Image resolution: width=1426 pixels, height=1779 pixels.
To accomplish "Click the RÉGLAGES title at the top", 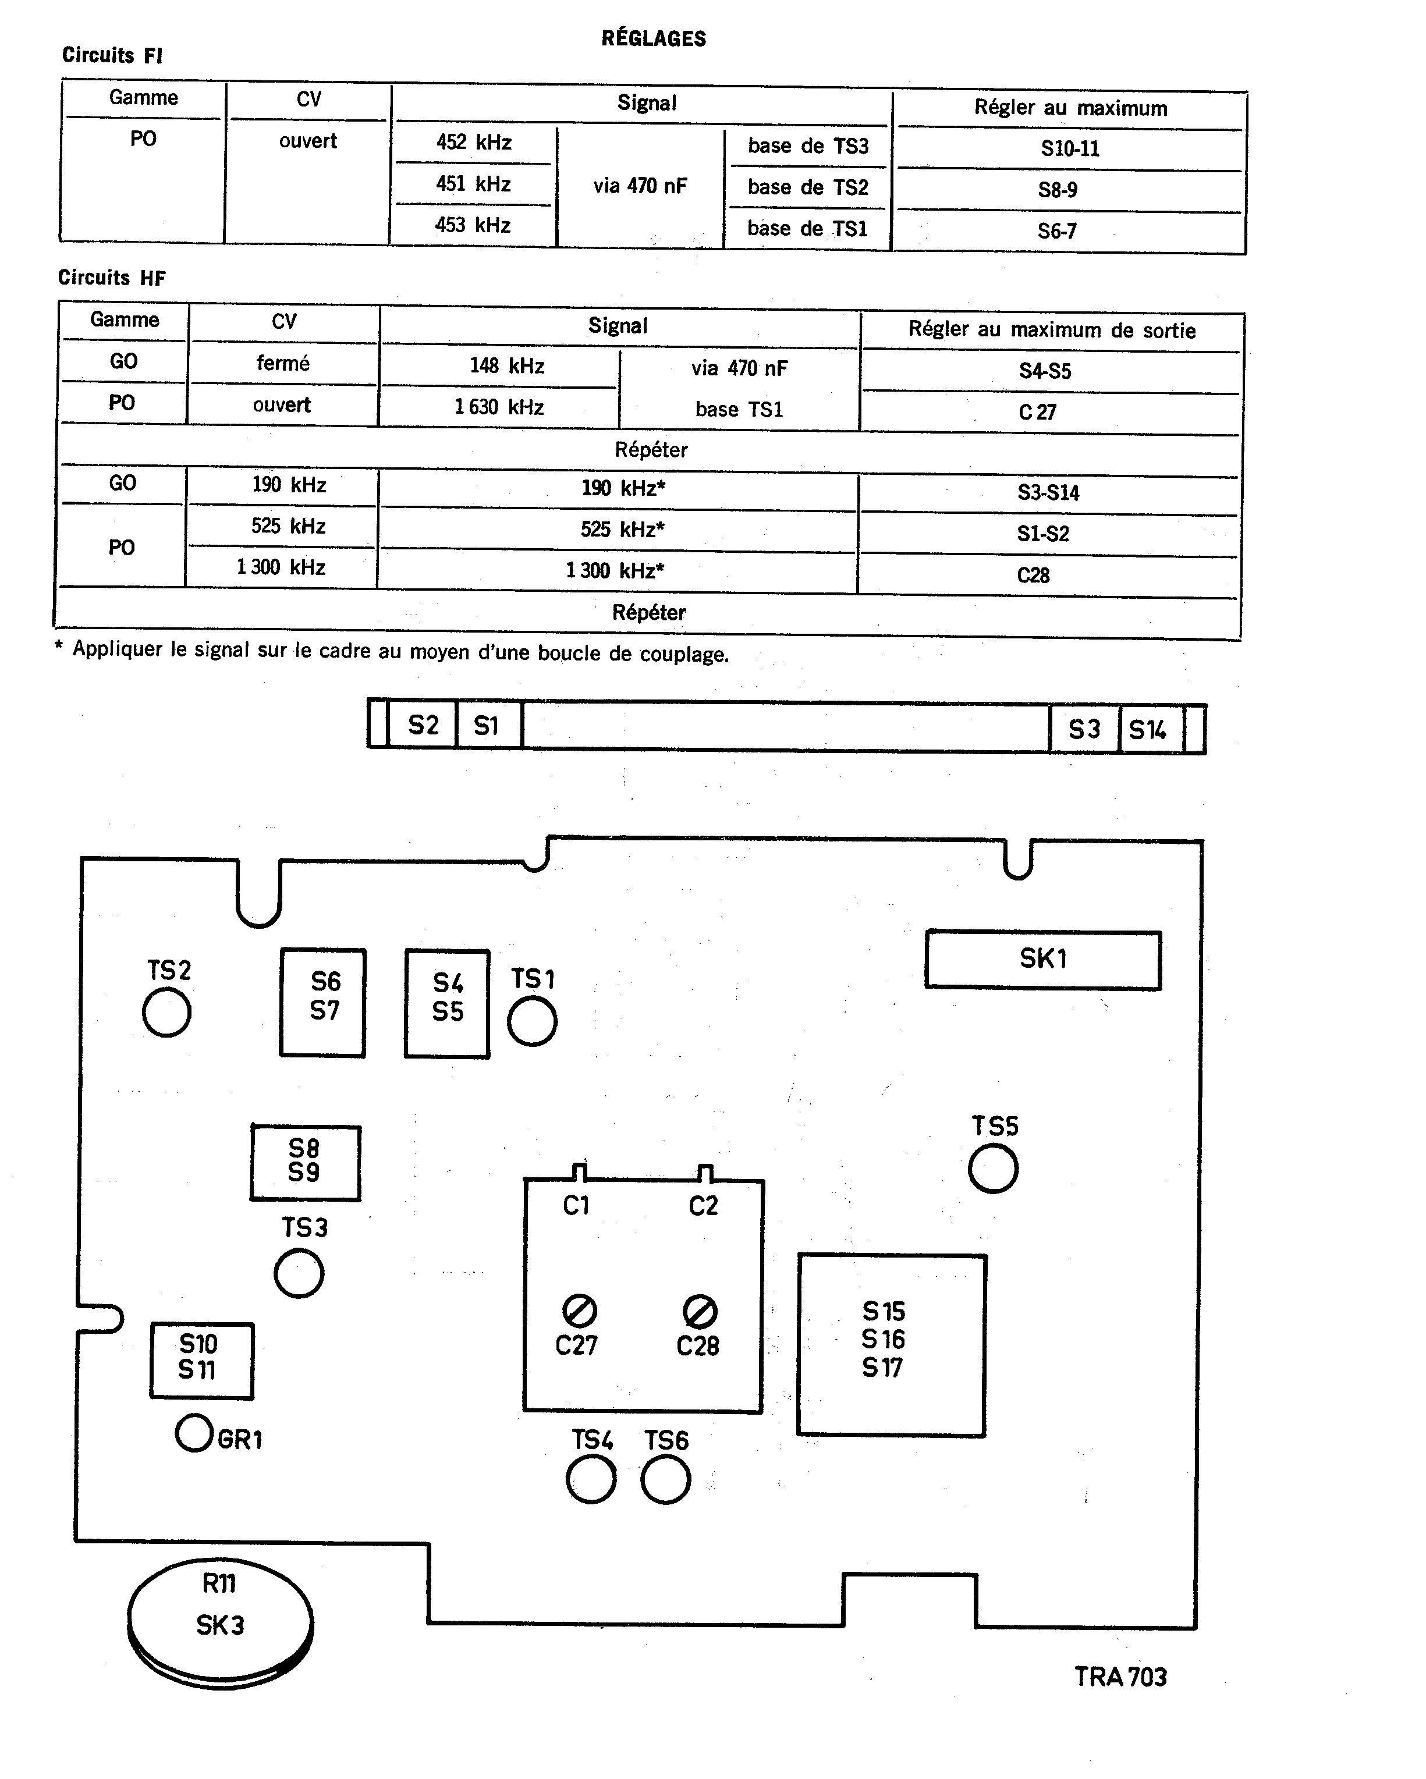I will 654,39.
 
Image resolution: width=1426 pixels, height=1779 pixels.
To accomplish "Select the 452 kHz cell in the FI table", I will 474,143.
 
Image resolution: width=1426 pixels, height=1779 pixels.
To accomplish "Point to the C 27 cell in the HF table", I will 1037,412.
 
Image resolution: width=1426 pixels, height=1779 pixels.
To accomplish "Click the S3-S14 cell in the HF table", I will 1048,492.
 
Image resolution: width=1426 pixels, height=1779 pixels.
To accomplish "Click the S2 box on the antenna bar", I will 423,725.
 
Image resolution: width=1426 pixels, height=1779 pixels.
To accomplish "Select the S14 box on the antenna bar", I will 1148,729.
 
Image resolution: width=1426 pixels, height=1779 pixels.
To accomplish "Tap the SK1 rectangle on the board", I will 1043,959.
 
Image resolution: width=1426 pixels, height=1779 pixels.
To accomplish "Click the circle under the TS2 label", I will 166,1013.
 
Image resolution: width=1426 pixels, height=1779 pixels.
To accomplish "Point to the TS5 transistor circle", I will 993,1169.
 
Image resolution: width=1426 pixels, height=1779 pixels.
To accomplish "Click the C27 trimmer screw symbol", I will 579,1311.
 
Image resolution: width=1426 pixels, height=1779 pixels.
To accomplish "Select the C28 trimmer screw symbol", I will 700,1311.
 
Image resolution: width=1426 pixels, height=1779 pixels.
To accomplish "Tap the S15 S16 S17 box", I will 891,1345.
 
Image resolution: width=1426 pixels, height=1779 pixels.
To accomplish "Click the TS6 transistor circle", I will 665,1479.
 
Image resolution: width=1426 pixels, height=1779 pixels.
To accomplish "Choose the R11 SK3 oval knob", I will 221,1622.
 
